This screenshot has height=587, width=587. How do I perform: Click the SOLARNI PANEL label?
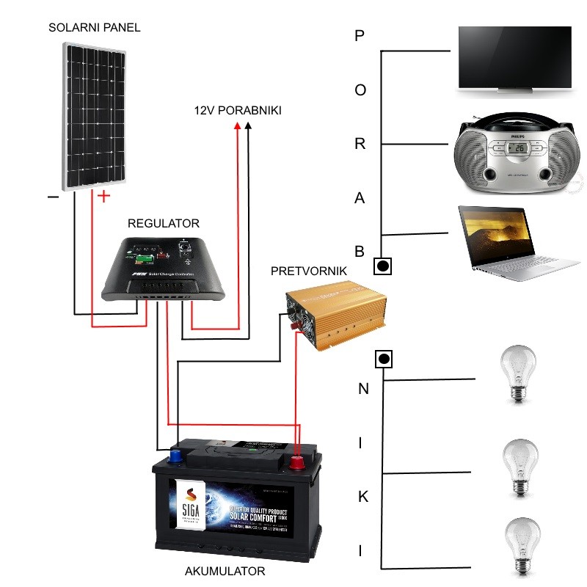[x=94, y=28]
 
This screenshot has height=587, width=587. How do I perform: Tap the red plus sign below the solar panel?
[x=104, y=196]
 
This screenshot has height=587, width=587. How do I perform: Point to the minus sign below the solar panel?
[x=53, y=197]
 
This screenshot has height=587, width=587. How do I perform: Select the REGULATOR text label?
[x=163, y=223]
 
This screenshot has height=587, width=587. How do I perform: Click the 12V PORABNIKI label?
[x=237, y=110]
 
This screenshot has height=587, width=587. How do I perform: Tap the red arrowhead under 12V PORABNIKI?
[x=237, y=127]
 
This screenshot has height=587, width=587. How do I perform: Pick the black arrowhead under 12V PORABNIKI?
[x=249, y=127]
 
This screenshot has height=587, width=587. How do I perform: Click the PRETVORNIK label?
[x=309, y=271]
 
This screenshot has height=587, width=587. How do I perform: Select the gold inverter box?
[x=335, y=318]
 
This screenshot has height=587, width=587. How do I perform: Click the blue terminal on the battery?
[x=177, y=455]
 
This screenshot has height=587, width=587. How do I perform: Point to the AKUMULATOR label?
[x=222, y=571]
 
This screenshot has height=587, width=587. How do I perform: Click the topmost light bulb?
[x=518, y=373]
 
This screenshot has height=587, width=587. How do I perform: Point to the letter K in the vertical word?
[x=362, y=497]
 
